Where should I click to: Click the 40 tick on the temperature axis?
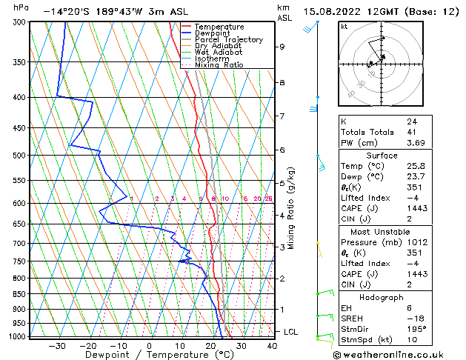click(272, 345)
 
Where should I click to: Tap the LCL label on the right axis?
click(290, 332)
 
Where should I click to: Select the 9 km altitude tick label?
click(282, 47)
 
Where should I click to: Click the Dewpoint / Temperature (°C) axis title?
click(150, 355)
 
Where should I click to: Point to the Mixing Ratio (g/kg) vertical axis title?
click(292, 208)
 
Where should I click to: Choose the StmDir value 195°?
click(416, 328)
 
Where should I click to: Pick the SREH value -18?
click(413, 318)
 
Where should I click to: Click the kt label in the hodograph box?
click(344, 26)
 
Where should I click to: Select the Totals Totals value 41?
click(411, 132)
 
